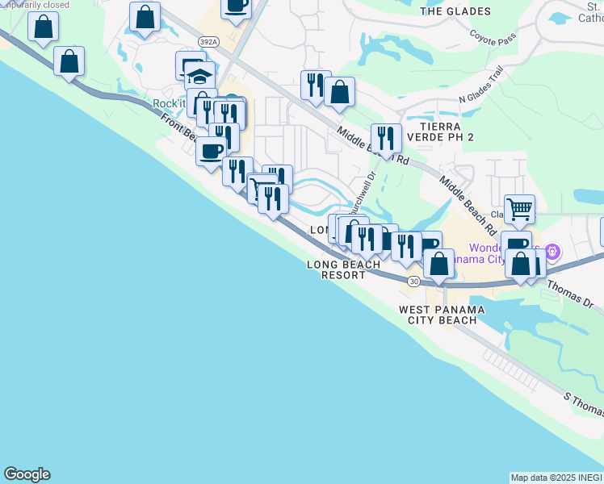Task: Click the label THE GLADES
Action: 455,11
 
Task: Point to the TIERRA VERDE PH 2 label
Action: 440,132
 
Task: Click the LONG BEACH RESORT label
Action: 343,269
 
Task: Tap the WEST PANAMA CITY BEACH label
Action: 442,315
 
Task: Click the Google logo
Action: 27,474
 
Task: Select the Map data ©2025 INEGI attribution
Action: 556,478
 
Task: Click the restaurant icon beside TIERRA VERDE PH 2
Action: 386,138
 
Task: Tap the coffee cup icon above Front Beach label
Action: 212,151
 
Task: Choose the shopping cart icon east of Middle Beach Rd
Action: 519,209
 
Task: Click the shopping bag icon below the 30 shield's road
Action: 438,263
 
